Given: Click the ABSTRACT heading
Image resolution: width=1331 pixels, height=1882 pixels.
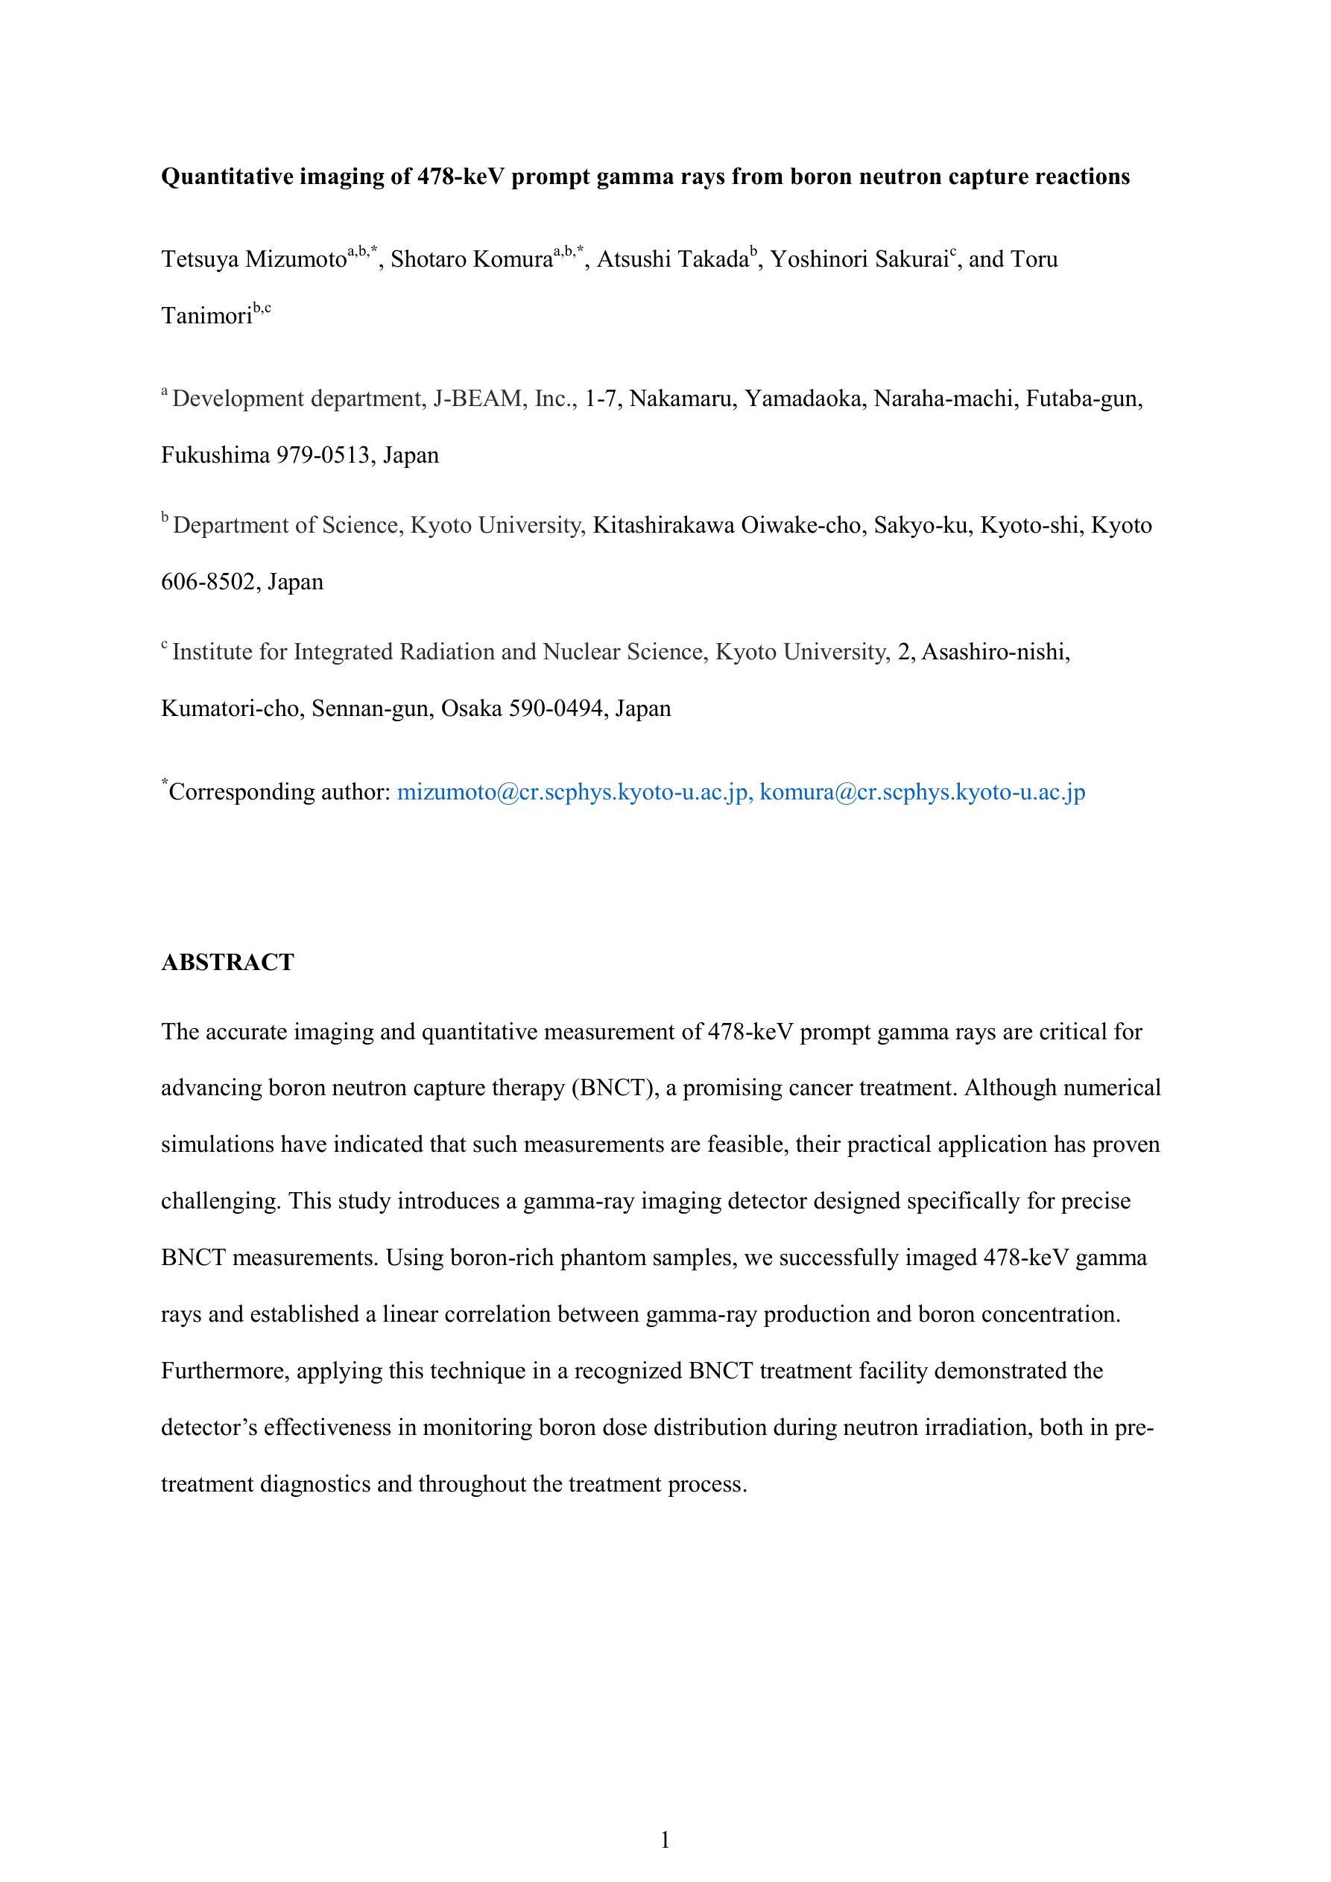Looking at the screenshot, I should pos(227,963).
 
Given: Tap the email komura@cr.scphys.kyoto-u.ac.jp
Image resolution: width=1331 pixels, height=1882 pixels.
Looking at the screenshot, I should pos(923,792).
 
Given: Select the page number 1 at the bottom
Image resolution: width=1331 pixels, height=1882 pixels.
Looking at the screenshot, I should pos(665,1840).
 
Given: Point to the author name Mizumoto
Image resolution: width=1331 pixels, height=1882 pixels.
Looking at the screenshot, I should pos(296,260).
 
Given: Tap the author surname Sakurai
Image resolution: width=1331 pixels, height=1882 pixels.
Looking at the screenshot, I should pos(905,260).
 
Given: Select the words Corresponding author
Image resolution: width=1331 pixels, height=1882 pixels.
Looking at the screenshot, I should pos(279,792).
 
